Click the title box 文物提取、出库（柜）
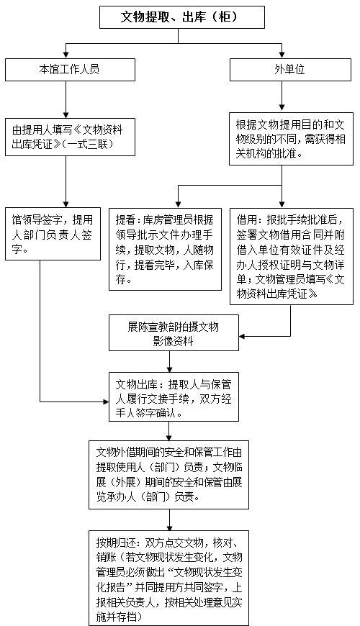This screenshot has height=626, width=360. tap(181, 17)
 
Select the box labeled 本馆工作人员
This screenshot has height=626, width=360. tap(70, 70)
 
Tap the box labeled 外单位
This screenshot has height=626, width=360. tap(290, 70)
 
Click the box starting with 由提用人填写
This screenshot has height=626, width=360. tap(70, 137)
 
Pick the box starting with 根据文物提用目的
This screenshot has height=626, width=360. tap(291, 139)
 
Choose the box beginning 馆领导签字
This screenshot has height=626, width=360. tap(53, 234)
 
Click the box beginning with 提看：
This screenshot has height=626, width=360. tap(165, 249)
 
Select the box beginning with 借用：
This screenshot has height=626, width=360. tap(292, 256)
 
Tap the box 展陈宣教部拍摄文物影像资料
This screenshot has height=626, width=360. tap(174, 333)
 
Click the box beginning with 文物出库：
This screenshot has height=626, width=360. tap(174, 397)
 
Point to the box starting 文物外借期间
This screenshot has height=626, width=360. tap(168, 475)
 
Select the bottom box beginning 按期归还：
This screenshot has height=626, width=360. tap(168, 578)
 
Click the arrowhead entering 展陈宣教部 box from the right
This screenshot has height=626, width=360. tap(242, 336)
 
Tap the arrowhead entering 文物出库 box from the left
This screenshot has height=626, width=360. tap(106, 402)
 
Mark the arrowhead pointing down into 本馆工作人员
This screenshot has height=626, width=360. tap(66, 55)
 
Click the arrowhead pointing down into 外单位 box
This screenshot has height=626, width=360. tap(282, 55)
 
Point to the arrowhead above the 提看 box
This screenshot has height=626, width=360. tap(179, 205)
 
